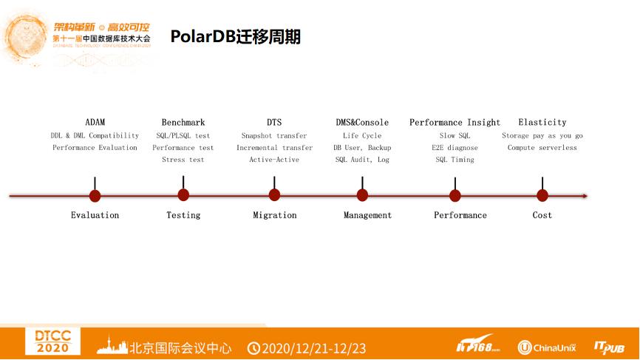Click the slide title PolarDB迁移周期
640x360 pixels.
pos(235,37)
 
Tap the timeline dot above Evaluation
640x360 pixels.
pos(95,195)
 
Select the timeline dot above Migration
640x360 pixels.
pos(274,195)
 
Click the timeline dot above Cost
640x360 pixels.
pos(542,195)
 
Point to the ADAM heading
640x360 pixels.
pos(95,122)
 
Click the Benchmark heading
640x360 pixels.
pos(183,122)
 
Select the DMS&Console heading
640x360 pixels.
pos(362,122)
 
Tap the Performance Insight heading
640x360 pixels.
pos(455,122)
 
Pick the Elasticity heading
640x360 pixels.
pos(542,122)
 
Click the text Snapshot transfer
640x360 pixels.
pos(274,136)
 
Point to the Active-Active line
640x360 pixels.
pos(274,160)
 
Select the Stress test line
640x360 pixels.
pos(183,160)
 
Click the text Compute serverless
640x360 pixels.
pos(542,148)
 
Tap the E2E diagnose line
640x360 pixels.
pos(455,148)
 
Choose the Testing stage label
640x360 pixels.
pos(183,215)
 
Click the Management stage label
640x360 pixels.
pos(367,215)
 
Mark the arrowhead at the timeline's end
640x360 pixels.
pos(585,196)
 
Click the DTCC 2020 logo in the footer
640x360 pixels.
pos(52,342)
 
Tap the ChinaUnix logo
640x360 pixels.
pos(546,347)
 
